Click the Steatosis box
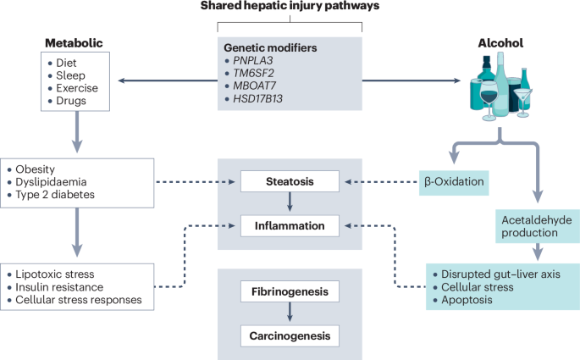290,181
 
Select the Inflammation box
290,225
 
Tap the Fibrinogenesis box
290,291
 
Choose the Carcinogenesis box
290,336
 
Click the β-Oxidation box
454,183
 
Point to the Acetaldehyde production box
538,226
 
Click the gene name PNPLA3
252,60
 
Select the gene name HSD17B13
257,99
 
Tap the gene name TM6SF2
253,73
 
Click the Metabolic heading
74,43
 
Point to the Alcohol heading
500,43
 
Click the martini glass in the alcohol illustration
522,102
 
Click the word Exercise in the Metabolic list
77,88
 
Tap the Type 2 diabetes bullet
51,195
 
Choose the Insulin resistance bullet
56,287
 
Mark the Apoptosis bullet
462,300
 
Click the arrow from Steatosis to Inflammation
290,202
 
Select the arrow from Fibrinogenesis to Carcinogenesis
290,313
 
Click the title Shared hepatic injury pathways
290,6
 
